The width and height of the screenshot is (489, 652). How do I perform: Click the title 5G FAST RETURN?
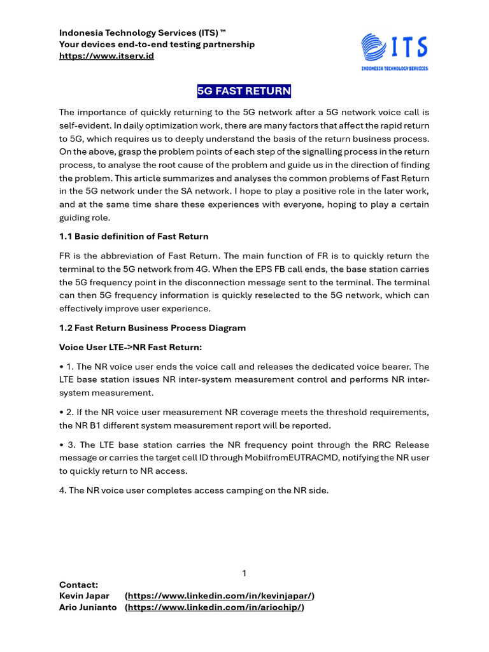[244, 91]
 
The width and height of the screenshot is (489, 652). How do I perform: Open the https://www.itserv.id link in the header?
[106, 56]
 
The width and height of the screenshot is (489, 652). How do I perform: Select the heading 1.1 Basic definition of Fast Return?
[134, 236]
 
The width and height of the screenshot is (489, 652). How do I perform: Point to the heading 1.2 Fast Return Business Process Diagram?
[152, 328]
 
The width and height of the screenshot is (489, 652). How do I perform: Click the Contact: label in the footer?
[78, 584]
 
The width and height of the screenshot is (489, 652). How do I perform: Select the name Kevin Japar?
[84, 595]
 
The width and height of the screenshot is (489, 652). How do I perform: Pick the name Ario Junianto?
[88, 607]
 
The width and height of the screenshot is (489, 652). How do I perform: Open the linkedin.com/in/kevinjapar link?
[220, 595]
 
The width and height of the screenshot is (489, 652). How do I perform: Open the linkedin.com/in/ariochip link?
[215, 607]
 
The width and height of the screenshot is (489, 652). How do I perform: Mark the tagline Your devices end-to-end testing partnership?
[157, 44]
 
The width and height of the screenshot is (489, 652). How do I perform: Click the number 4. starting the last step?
[63, 490]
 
